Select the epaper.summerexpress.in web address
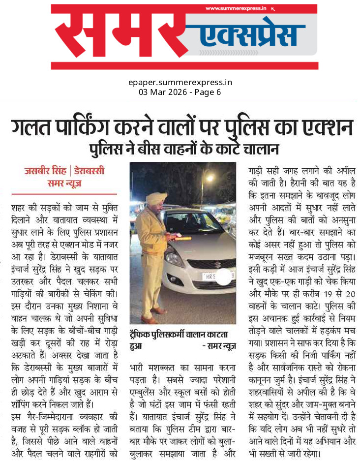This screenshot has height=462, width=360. (x=180, y=83)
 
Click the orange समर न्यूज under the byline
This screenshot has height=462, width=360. (x=64, y=183)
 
